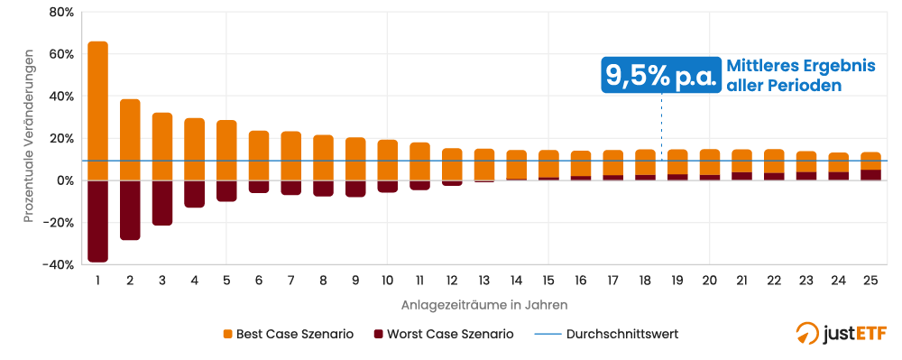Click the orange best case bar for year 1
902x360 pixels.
pyautogui.click(x=97, y=110)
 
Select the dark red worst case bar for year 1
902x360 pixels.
pyautogui.click(x=97, y=221)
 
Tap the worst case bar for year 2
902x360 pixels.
pyautogui.click(x=130, y=210)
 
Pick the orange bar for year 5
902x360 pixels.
pyautogui.click(x=226, y=150)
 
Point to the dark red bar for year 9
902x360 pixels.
pyautogui.click(x=355, y=189)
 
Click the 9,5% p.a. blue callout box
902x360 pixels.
pyautogui.click(x=661, y=76)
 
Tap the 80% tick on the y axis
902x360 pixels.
pyautogui.click(x=61, y=12)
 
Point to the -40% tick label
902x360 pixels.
pyautogui.click(x=59, y=264)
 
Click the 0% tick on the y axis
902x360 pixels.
pyautogui.click(x=64, y=180)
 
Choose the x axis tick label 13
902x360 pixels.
pyautogui.click(x=483, y=281)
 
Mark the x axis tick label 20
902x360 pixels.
pyautogui.click(x=709, y=281)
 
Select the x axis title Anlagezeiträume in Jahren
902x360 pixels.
pyautogui.click(x=483, y=305)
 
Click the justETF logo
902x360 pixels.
pyautogui.click(x=841, y=334)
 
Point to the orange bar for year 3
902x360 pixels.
pyautogui.click(x=162, y=146)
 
